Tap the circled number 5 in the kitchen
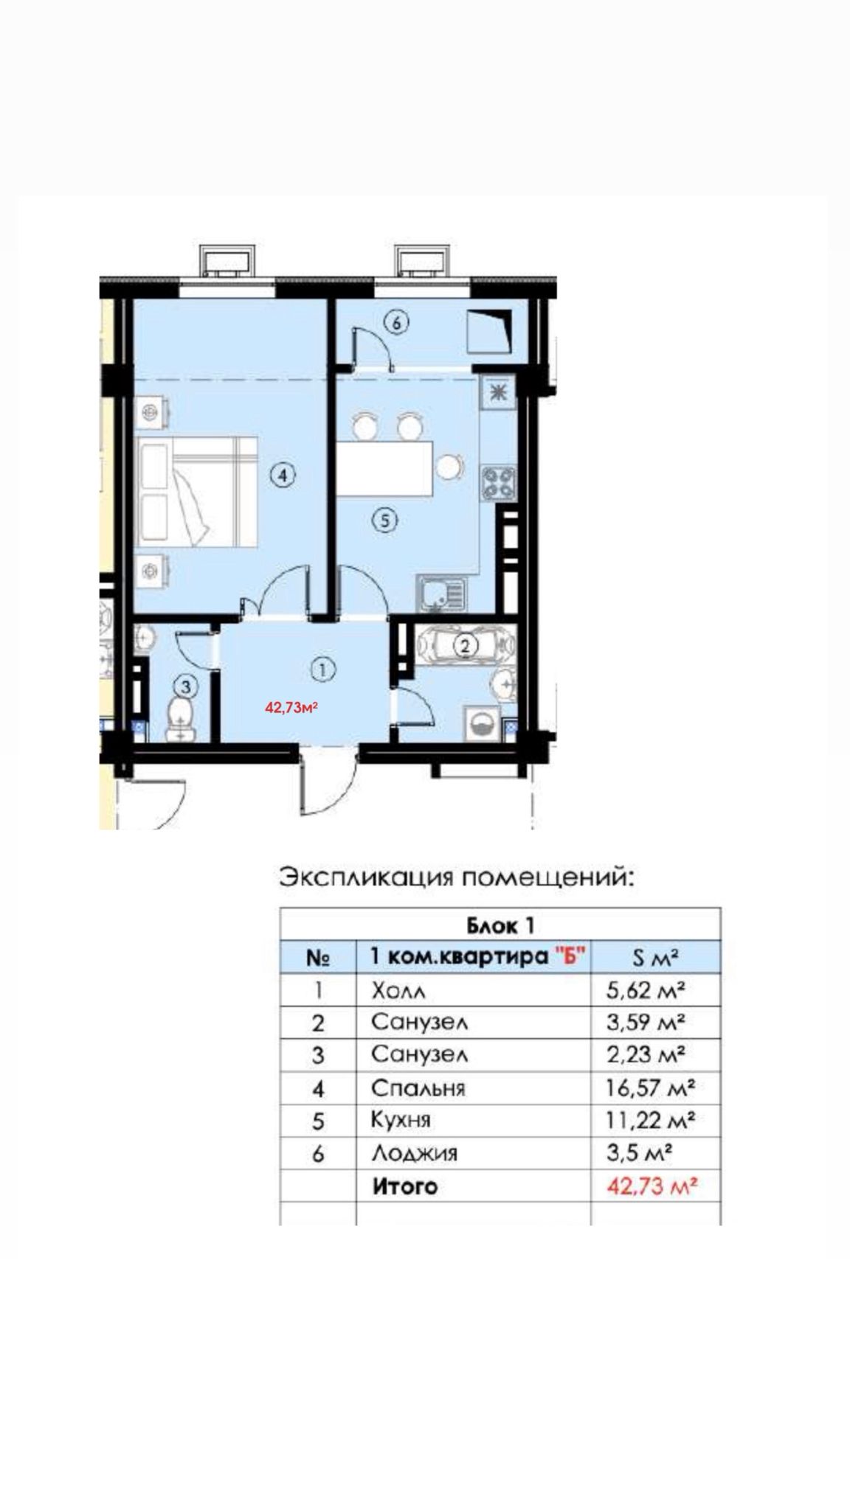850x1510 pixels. pyautogui.click(x=384, y=521)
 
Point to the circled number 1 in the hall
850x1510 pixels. pyautogui.click(x=322, y=669)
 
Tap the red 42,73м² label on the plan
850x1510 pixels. pyautogui.click(x=291, y=708)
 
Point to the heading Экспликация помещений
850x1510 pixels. pyautogui.click(x=456, y=878)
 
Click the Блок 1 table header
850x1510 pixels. pyautogui.click(x=500, y=925)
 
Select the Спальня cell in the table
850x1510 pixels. pyautogui.click(x=418, y=1088)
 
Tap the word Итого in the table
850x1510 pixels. pyautogui.click(x=404, y=1186)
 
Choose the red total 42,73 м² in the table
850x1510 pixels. pyautogui.click(x=652, y=1186)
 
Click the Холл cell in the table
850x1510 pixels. pyautogui.click(x=399, y=990)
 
